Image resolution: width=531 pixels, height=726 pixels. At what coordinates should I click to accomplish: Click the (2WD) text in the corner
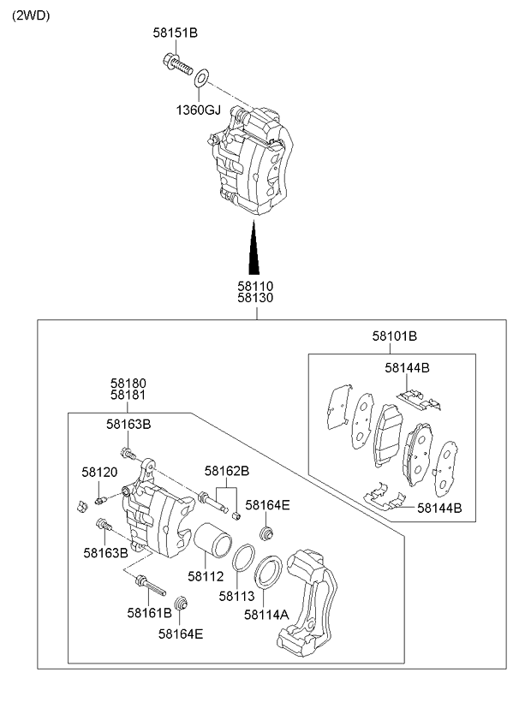(x=31, y=15)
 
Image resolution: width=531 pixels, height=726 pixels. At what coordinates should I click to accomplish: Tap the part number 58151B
(x=176, y=33)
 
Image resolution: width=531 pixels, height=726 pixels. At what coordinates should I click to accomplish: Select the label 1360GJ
(x=199, y=110)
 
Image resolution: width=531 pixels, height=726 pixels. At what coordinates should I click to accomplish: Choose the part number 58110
(x=255, y=286)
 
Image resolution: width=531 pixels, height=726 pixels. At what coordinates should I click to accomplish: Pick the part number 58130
(x=255, y=299)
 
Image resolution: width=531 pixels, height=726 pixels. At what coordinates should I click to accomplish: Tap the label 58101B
(x=394, y=336)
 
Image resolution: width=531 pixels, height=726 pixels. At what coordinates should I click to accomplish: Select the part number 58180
(x=128, y=383)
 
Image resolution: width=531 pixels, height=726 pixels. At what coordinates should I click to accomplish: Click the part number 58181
(x=128, y=396)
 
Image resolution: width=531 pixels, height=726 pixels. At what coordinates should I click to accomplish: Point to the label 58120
(x=99, y=472)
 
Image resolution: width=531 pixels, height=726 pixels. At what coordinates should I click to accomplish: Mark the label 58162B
(x=226, y=470)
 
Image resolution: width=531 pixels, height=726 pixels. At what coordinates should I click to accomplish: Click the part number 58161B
(x=149, y=612)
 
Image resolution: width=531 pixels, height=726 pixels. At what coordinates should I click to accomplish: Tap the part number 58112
(x=206, y=576)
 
